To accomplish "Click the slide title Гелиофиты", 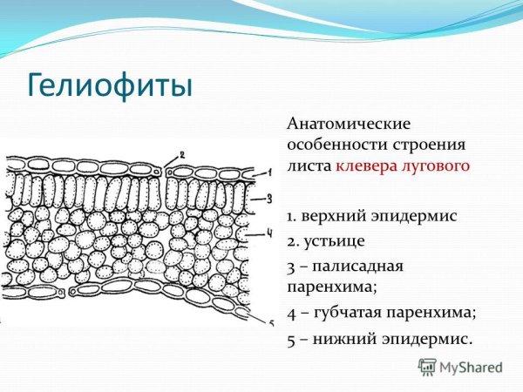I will tap(109, 87).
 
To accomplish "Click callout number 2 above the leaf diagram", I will tap(182, 155).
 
